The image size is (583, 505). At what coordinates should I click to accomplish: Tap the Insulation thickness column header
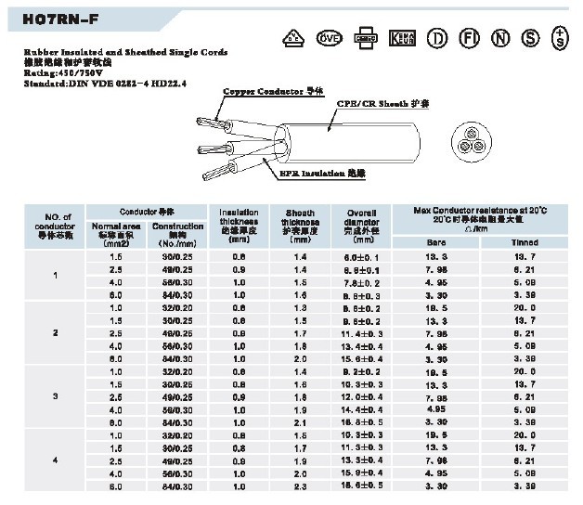(x=240, y=223)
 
